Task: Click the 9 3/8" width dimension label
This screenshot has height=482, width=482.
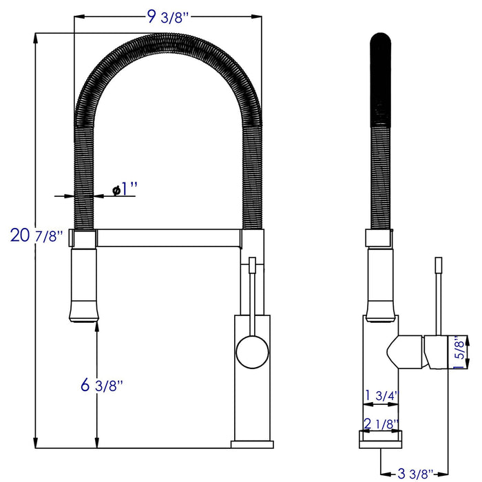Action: [168, 18]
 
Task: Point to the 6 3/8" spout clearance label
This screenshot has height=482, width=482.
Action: [103, 386]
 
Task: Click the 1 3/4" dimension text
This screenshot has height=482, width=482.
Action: [382, 395]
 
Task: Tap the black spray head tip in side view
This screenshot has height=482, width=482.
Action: [381, 41]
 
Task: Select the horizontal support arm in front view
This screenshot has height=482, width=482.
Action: [168, 239]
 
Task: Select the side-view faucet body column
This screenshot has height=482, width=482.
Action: [380, 386]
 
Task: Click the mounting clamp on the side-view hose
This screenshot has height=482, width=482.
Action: [380, 238]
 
